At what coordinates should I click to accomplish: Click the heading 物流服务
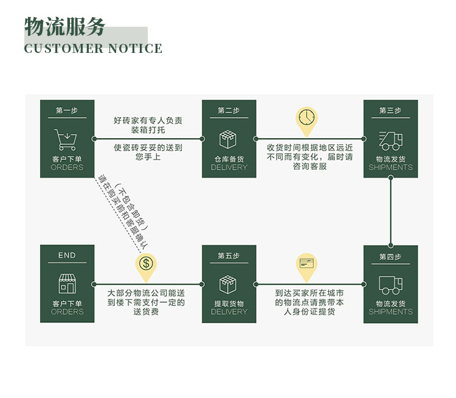point(65,27)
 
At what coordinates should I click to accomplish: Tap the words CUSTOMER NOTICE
point(93,49)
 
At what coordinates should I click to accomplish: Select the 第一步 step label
point(67,110)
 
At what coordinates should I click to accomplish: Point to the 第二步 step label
point(229,110)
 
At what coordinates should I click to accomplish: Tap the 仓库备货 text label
point(229,159)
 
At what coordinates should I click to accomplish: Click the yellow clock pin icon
point(307,120)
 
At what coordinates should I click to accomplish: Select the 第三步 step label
point(390,110)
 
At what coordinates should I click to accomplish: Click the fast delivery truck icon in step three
point(390,141)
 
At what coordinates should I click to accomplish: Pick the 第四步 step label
point(390,256)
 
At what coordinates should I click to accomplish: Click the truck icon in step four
point(390,285)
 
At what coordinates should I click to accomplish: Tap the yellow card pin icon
point(307,265)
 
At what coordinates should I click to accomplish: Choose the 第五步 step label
point(229,256)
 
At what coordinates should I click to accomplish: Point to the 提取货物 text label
point(229,304)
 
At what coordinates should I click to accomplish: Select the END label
point(67,256)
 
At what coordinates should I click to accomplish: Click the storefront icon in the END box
point(67,284)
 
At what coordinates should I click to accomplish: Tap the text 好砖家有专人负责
point(148,120)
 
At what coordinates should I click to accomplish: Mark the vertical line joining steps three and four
point(390,211)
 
